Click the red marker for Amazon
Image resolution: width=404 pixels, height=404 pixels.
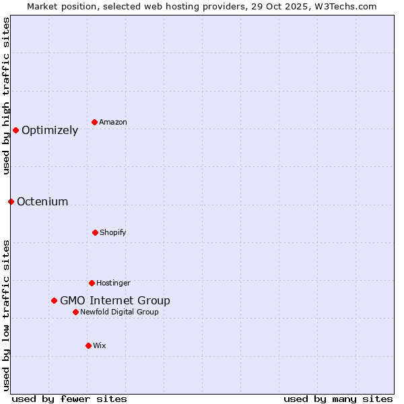tap(94, 122)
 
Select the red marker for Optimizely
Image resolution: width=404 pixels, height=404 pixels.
tap(15, 130)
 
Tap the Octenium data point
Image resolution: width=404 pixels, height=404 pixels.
tap(11, 201)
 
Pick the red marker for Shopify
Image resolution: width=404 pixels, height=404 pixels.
tap(95, 232)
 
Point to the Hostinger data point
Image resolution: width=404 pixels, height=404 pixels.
tap(92, 283)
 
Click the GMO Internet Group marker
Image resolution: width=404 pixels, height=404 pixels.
tap(54, 300)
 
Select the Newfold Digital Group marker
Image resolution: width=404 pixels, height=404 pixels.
tap(75, 312)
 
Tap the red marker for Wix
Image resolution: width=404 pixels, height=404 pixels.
tap(88, 345)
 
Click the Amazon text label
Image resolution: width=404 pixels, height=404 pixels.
tap(113, 123)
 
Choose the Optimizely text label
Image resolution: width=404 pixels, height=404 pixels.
tap(50, 131)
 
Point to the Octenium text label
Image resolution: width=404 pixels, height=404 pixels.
tap(42, 202)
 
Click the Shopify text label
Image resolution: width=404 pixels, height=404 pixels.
tap(113, 233)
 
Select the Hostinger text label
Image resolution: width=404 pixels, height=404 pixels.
tap(113, 283)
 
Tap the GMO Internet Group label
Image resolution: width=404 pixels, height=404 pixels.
tap(115, 301)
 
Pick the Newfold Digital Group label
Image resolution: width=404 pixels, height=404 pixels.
tap(119, 312)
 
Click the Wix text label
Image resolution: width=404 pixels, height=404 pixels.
tap(100, 346)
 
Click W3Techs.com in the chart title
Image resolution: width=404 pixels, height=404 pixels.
tap(345, 6)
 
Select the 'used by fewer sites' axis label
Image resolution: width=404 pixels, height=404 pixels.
tap(69, 399)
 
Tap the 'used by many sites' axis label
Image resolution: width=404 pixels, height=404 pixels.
tap(338, 399)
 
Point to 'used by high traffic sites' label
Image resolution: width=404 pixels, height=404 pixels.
tap(6, 96)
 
